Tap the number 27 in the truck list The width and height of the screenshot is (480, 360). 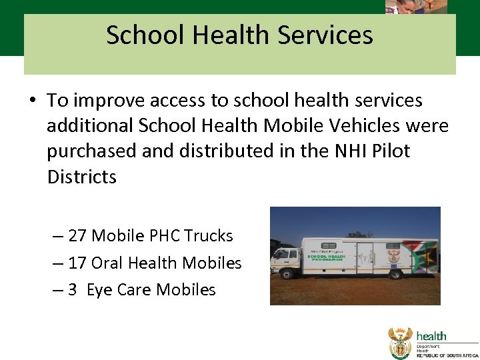(77, 236)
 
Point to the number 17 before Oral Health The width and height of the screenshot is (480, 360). (77, 263)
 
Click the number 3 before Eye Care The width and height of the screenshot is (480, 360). (73, 290)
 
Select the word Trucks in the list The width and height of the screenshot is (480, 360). (209, 236)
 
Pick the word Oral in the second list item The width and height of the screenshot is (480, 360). (107, 263)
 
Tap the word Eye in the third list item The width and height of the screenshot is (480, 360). (98, 291)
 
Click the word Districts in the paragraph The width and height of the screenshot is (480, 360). (81, 177)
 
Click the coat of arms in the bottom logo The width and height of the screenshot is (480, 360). (401, 342)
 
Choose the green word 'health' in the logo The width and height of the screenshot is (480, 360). (431, 336)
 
